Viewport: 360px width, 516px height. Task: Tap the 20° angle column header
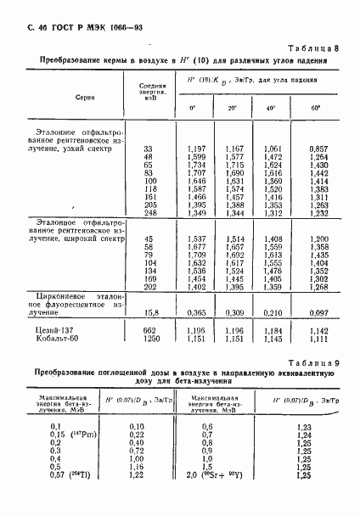pyautogui.click(x=232, y=109)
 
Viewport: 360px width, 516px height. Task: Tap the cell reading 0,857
pyautogui.click(x=318, y=149)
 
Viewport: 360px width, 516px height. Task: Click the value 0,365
pyautogui.click(x=196, y=312)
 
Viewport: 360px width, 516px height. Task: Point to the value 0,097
pyautogui.click(x=318, y=312)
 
